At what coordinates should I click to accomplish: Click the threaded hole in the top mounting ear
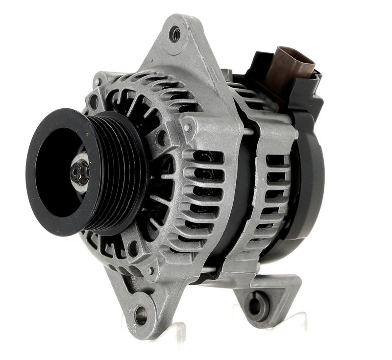[x=175, y=34]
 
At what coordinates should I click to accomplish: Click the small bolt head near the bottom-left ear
[x=150, y=270]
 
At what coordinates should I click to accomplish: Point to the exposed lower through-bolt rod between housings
[x=208, y=268]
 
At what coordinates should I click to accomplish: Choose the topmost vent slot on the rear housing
[x=275, y=160]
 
